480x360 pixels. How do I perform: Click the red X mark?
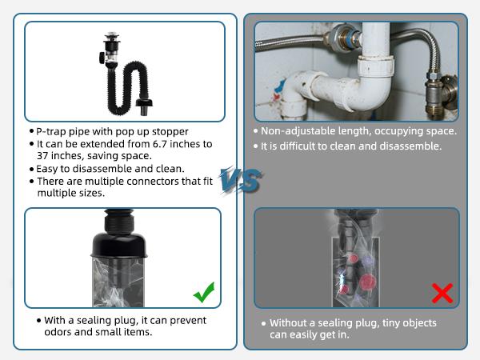coord(442,293)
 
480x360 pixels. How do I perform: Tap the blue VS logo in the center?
coord(240,180)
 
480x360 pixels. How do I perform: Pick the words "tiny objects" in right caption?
coord(414,323)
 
